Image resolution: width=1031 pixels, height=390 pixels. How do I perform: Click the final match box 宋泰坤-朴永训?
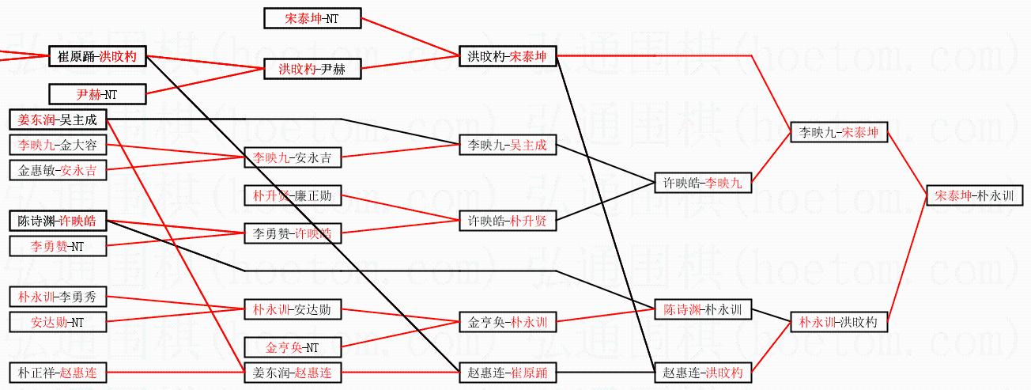point(973,195)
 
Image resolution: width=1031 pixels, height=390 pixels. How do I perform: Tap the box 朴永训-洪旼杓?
point(839,322)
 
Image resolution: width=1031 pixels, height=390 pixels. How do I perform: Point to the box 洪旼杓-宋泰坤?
point(508,56)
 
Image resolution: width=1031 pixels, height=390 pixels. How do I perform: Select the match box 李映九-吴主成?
point(508,146)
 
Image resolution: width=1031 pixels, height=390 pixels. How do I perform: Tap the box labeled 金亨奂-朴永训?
point(508,322)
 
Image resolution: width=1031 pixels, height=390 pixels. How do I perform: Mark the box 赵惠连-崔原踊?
point(508,373)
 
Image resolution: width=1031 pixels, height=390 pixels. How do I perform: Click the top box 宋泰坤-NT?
point(312,17)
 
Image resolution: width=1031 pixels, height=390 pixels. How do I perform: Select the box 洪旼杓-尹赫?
point(312,70)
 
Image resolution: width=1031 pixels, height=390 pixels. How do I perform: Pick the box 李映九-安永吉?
point(293,157)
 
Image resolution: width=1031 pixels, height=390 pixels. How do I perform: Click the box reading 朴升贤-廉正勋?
point(293,195)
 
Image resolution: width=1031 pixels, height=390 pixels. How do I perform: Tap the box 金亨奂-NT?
point(293,347)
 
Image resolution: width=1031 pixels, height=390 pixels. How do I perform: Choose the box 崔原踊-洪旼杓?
point(97,56)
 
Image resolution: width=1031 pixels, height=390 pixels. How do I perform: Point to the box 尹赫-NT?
point(97,94)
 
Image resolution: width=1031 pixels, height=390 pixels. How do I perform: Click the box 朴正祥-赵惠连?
point(59,373)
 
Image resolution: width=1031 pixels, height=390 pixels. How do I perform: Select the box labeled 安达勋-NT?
point(59,322)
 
